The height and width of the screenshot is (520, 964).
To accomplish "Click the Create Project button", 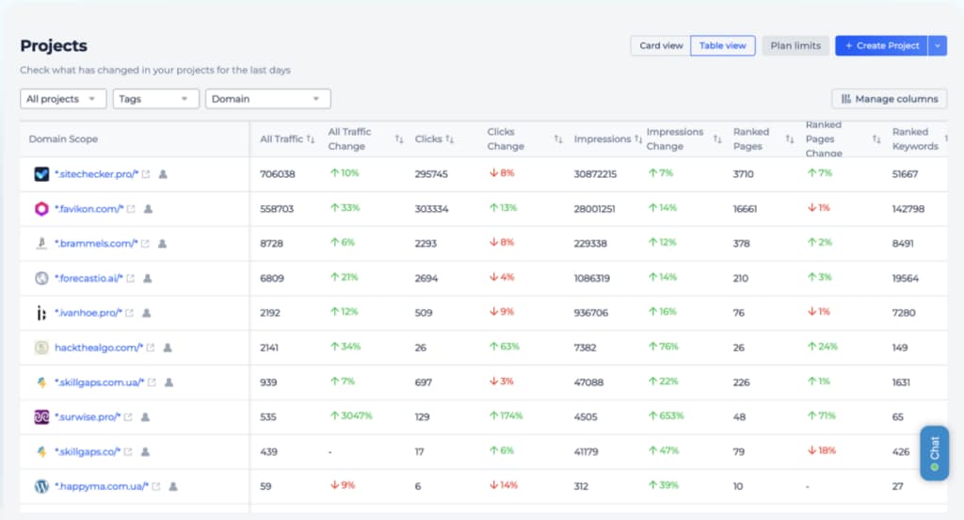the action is coord(881,45).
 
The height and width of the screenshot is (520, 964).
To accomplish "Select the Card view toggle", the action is coord(661,45).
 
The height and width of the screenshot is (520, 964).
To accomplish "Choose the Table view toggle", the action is coord(722,45).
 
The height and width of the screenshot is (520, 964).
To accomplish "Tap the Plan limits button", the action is coord(795,45).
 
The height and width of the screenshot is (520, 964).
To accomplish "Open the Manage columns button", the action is coord(890,99).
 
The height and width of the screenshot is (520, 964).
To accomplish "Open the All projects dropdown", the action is coord(63,99).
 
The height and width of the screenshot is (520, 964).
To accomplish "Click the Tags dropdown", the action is coord(155,99).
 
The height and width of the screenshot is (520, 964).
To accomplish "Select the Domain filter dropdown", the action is coord(268,99).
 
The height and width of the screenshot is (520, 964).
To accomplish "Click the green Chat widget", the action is coord(935,453).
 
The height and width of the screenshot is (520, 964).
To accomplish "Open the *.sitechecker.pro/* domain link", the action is coord(97,174).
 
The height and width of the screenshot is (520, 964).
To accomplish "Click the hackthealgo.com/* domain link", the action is coord(99,348).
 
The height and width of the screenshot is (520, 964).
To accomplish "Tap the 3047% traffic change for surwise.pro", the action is coord(352,416).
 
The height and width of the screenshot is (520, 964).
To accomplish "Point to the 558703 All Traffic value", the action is coord(277,209).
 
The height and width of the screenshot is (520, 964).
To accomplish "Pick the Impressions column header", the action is coord(602,139).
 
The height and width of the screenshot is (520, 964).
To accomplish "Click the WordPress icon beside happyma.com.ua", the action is coord(41,487).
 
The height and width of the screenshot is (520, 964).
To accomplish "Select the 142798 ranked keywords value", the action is coord(908,209).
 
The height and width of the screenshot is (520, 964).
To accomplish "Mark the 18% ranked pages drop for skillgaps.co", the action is coord(821,450).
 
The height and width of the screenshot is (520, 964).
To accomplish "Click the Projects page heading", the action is coord(54,45).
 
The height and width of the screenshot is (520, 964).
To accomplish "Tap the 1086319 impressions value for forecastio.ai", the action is coord(591,278).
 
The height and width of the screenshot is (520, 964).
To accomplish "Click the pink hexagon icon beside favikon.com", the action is coord(41,208).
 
